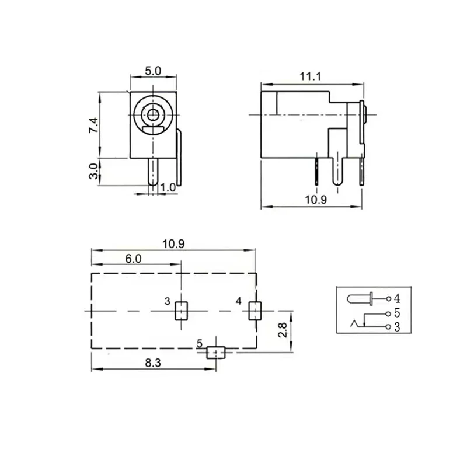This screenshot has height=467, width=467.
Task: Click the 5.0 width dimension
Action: point(153,71)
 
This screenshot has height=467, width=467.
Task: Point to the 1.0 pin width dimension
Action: point(168,187)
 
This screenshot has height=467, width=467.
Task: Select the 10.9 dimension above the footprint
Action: point(173,245)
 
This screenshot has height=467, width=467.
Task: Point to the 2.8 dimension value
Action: point(282,332)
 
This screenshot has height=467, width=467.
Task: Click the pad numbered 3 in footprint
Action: point(181,311)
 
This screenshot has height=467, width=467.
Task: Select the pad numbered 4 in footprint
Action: point(255,311)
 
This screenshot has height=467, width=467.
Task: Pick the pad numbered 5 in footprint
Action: point(217,352)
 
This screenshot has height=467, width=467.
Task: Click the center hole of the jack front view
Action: point(154,114)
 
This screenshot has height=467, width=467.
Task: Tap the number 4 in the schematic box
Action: point(397,299)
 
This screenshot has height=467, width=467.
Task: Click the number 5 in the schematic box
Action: point(397,313)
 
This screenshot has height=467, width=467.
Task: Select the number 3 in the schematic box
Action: point(397,327)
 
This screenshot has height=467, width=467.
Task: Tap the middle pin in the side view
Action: point(337,169)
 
